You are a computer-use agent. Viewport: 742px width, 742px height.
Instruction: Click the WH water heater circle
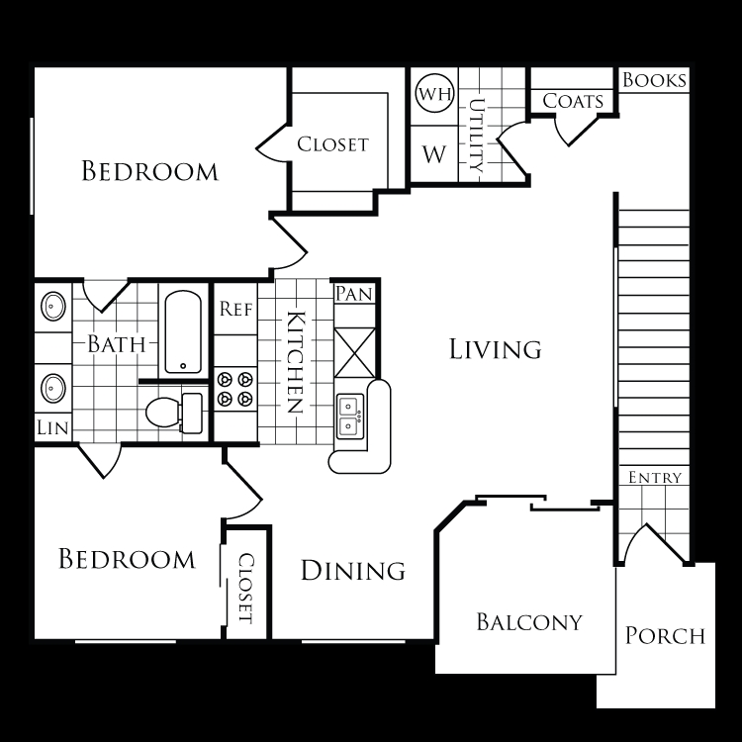click(x=434, y=93)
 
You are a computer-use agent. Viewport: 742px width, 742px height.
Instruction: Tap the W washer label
click(x=434, y=154)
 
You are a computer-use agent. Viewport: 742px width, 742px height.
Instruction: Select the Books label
click(x=654, y=80)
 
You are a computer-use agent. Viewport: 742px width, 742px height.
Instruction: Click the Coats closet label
click(x=573, y=101)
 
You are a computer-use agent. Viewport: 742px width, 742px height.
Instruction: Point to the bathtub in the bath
click(x=183, y=331)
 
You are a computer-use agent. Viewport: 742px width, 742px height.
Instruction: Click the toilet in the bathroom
click(x=174, y=413)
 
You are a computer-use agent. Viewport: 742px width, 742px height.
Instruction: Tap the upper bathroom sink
click(x=53, y=306)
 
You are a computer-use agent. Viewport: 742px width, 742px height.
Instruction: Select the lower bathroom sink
click(x=53, y=388)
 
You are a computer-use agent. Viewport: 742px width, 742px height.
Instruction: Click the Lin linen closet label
click(x=52, y=427)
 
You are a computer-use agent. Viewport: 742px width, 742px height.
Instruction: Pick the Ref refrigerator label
click(x=235, y=309)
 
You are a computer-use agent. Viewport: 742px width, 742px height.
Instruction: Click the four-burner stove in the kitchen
click(x=235, y=389)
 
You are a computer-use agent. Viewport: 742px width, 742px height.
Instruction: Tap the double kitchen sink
click(x=350, y=416)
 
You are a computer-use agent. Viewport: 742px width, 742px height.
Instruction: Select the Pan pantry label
click(x=354, y=294)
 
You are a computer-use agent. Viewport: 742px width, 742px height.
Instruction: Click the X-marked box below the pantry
click(x=354, y=353)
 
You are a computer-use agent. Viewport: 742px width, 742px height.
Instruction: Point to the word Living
click(x=495, y=349)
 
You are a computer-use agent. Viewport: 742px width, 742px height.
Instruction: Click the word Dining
click(x=353, y=570)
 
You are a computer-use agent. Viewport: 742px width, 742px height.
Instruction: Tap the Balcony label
click(x=529, y=622)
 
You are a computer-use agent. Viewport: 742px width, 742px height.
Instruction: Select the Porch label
click(x=665, y=635)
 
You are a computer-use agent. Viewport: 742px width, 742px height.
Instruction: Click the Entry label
click(x=655, y=478)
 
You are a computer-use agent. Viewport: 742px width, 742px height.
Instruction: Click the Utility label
click(x=477, y=136)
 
